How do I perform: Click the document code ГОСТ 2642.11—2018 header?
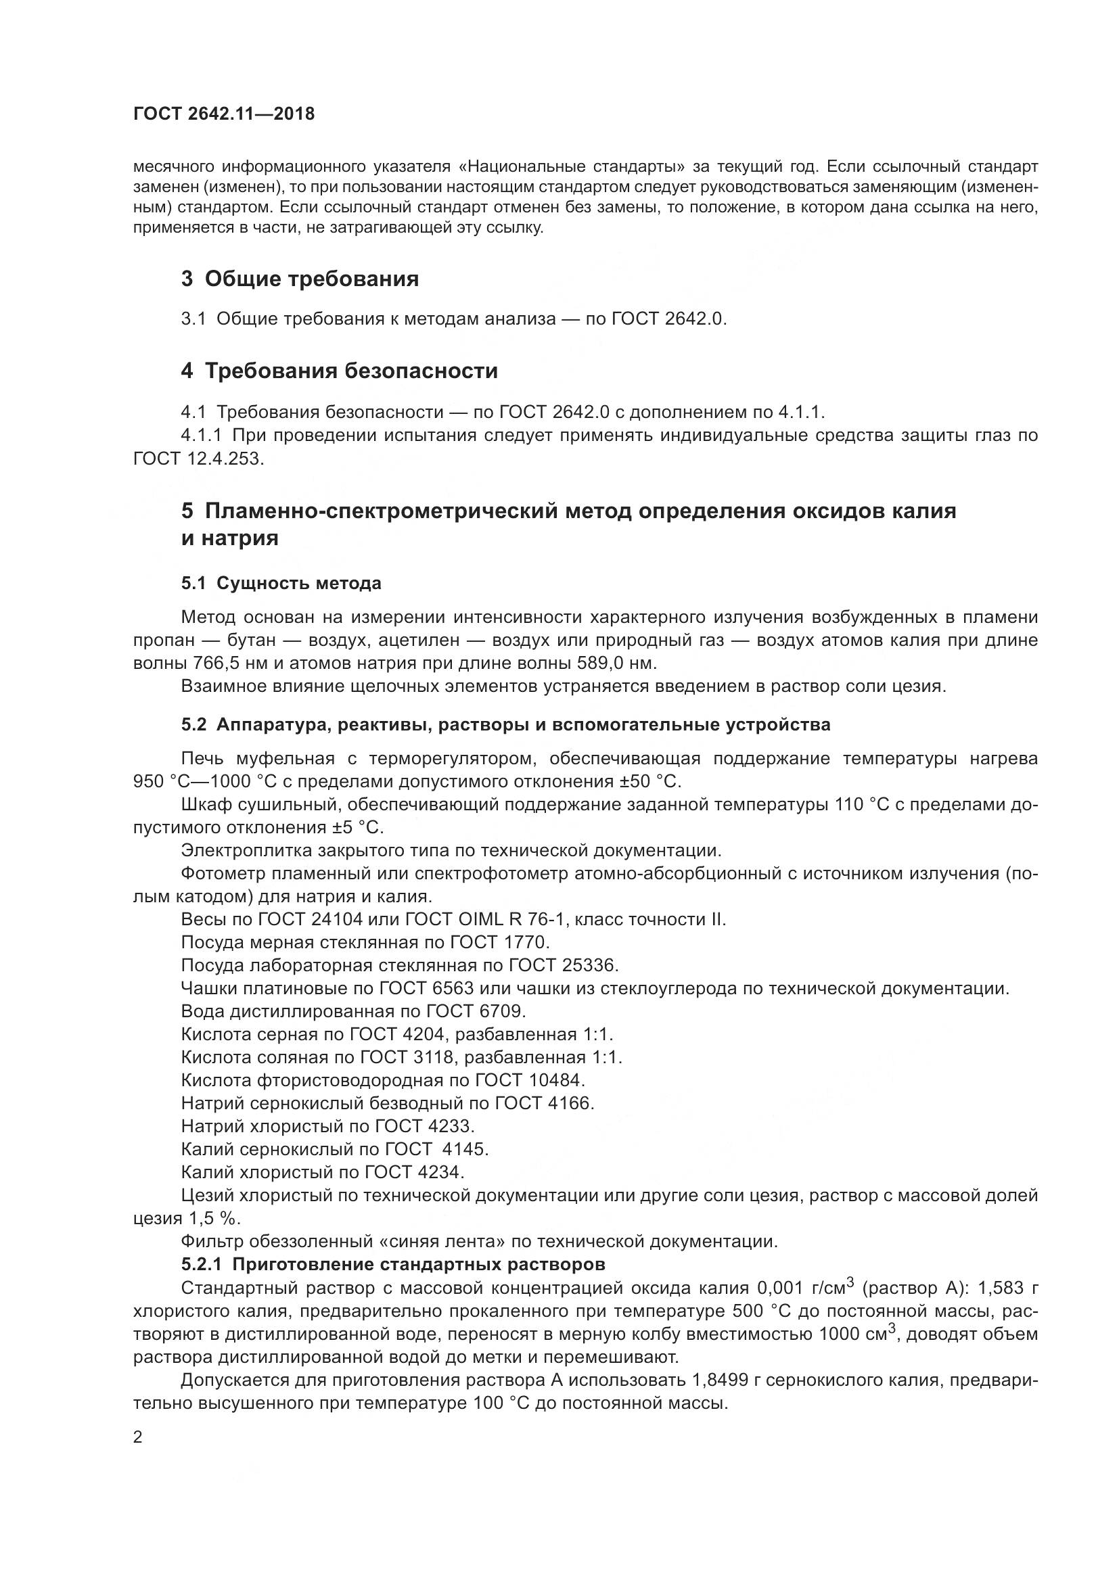pyautogui.click(x=224, y=114)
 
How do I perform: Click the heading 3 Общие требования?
pyautogui.click(x=300, y=279)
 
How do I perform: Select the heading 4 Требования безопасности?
pyautogui.click(x=339, y=371)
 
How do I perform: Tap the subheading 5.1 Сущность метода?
pyautogui.click(x=281, y=584)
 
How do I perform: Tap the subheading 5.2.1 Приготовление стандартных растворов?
pyautogui.click(x=394, y=1264)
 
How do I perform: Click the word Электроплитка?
pyautogui.click(x=236, y=851)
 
